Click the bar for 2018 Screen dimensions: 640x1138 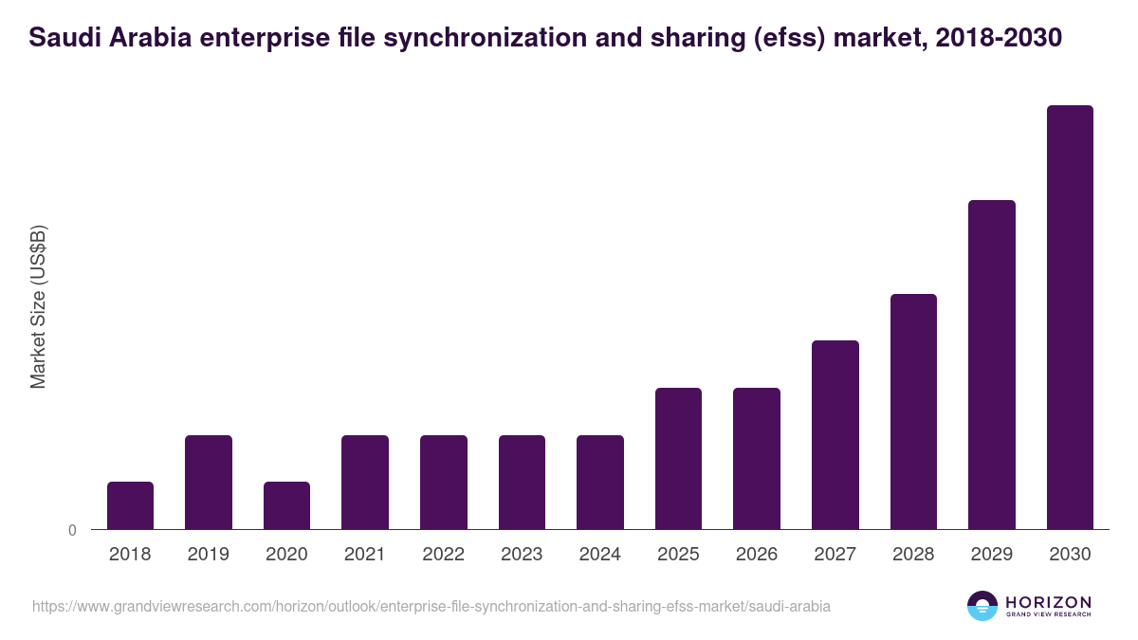point(130,505)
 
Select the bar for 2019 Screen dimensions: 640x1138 point(209,482)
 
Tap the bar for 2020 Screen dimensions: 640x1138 point(286,505)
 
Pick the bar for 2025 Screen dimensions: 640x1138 point(678,458)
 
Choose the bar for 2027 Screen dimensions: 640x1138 point(835,434)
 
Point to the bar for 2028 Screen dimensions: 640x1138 point(913,411)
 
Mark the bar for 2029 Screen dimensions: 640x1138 point(992,364)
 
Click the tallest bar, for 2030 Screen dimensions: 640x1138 point(1070,317)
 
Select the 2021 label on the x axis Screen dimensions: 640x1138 point(365,555)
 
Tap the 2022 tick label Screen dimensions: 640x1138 point(443,555)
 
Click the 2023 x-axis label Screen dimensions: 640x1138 point(522,555)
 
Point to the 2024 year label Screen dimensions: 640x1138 point(600,555)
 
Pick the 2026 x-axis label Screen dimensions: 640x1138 point(757,555)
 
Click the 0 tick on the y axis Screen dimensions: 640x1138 point(72,531)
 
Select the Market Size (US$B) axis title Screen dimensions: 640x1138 point(38,306)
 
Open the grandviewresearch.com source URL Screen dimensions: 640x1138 point(431,606)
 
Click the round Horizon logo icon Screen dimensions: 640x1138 point(982,606)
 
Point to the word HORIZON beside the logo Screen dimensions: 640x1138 point(1048,602)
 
